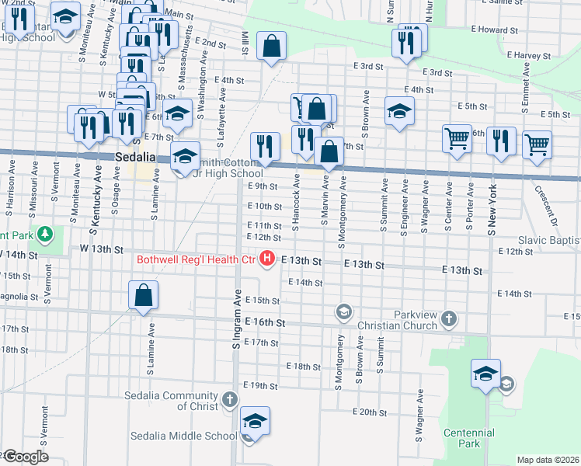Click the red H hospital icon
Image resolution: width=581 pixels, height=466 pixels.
(x=268, y=258)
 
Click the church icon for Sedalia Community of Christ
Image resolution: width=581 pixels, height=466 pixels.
(x=228, y=399)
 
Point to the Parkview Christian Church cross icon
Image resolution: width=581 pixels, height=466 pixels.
(x=449, y=318)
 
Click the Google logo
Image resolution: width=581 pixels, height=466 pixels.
(x=25, y=457)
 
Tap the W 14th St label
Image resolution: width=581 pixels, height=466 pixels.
(x=19, y=255)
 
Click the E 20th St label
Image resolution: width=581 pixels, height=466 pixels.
(x=370, y=412)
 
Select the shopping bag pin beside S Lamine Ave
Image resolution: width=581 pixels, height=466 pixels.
(x=143, y=295)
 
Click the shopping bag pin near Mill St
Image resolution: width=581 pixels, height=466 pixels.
(x=271, y=46)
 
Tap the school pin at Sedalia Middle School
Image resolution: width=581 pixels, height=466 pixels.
(x=255, y=422)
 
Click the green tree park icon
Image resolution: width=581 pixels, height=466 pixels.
(x=46, y=233)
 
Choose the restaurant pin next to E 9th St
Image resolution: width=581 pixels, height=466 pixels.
(x=265, y=145)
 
